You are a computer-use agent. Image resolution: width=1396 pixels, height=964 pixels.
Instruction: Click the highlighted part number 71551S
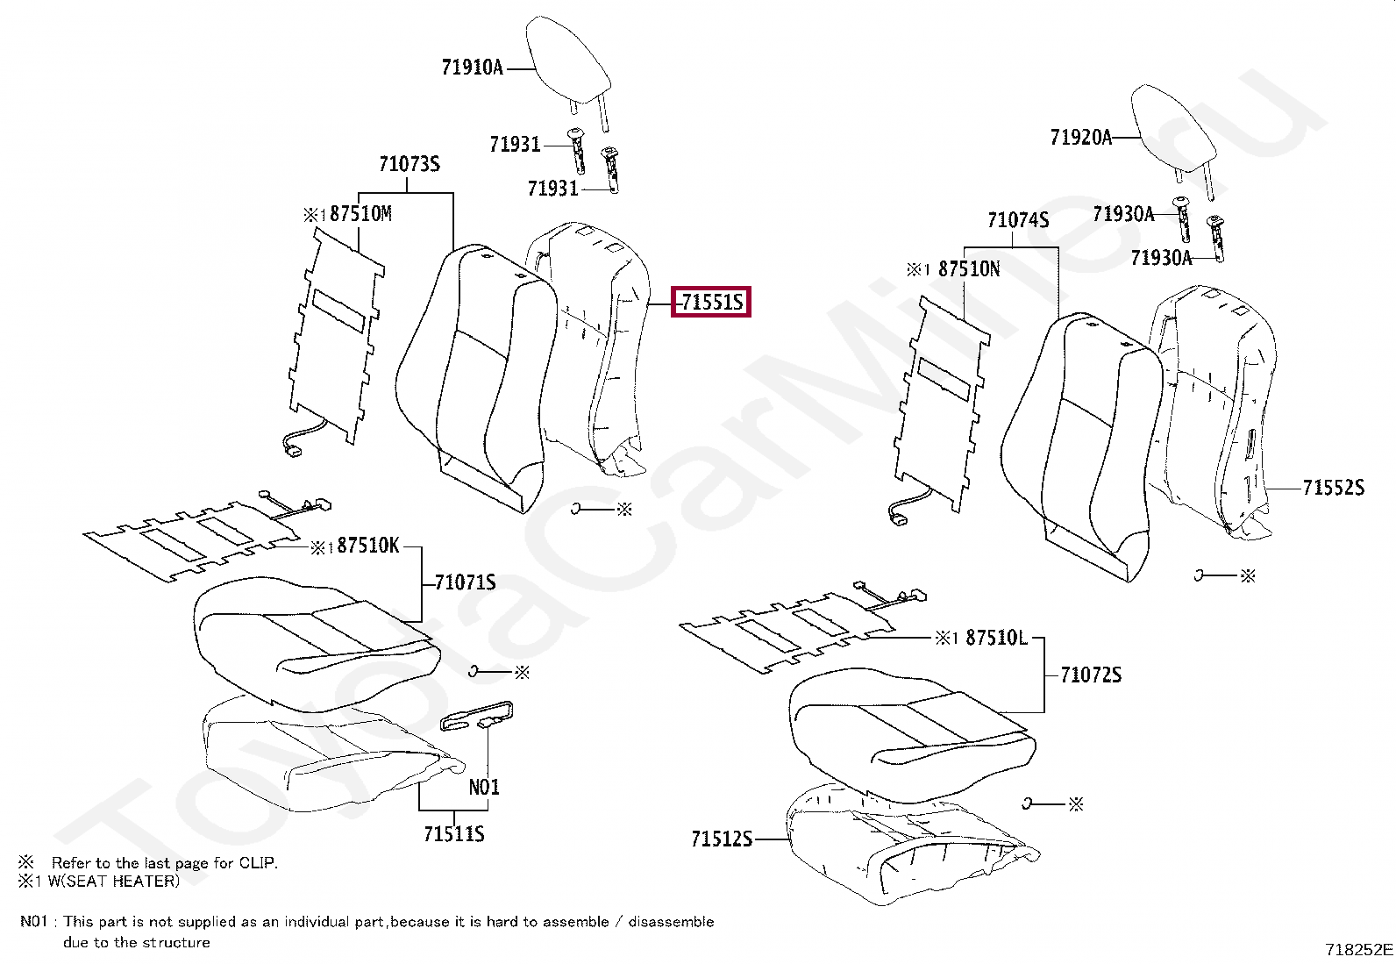coord(711,303)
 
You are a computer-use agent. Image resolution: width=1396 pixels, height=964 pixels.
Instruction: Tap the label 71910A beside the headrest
coord(472,68)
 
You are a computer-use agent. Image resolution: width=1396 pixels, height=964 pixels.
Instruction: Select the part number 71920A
coord(1080,137)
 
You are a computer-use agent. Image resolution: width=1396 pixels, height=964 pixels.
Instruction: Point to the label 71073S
coord(410,164)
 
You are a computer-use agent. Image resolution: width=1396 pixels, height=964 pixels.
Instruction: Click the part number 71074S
coord(1018,220)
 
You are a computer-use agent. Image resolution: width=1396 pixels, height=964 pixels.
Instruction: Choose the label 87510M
coord(360,214)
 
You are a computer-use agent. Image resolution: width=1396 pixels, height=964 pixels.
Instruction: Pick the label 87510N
coord(969,269)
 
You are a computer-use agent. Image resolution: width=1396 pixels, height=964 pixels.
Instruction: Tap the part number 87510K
coord(367,546)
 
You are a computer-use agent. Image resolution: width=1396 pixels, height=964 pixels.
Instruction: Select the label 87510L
coord(996,638)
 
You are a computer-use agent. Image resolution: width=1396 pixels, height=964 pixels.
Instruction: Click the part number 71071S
coord(466,582)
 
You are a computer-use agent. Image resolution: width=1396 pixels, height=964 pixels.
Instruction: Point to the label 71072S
coord(1091,675)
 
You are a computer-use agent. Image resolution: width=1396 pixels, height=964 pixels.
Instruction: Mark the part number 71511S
coord(453,834)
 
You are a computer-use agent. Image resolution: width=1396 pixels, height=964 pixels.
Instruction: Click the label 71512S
coord(722,839)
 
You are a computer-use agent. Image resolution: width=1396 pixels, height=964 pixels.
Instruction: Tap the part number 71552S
coord(1333,488)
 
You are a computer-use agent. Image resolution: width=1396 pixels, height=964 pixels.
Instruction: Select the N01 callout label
coord(484,787)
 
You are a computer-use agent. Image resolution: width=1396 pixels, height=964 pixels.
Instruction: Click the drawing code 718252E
coord(1358,949)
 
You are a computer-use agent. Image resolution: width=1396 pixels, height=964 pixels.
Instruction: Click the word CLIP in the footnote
coord(257,863)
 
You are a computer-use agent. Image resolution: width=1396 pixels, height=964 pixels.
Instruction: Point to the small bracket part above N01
coord(476,716)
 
